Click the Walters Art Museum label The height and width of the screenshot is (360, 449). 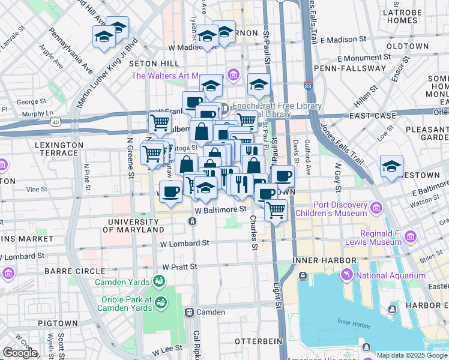tap(177, 76)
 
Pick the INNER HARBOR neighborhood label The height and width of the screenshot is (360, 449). tap(325, 260)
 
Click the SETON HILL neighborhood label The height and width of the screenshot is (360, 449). tap(161, 64)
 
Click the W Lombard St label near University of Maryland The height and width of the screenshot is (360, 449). tap(184, 244)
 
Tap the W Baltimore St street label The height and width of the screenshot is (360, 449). tap(221, 210)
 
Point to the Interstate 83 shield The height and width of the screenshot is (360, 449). tap(308, 86)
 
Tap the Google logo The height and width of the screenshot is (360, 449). tap(19, 353)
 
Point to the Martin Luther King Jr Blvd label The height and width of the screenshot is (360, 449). tap(107, 65)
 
